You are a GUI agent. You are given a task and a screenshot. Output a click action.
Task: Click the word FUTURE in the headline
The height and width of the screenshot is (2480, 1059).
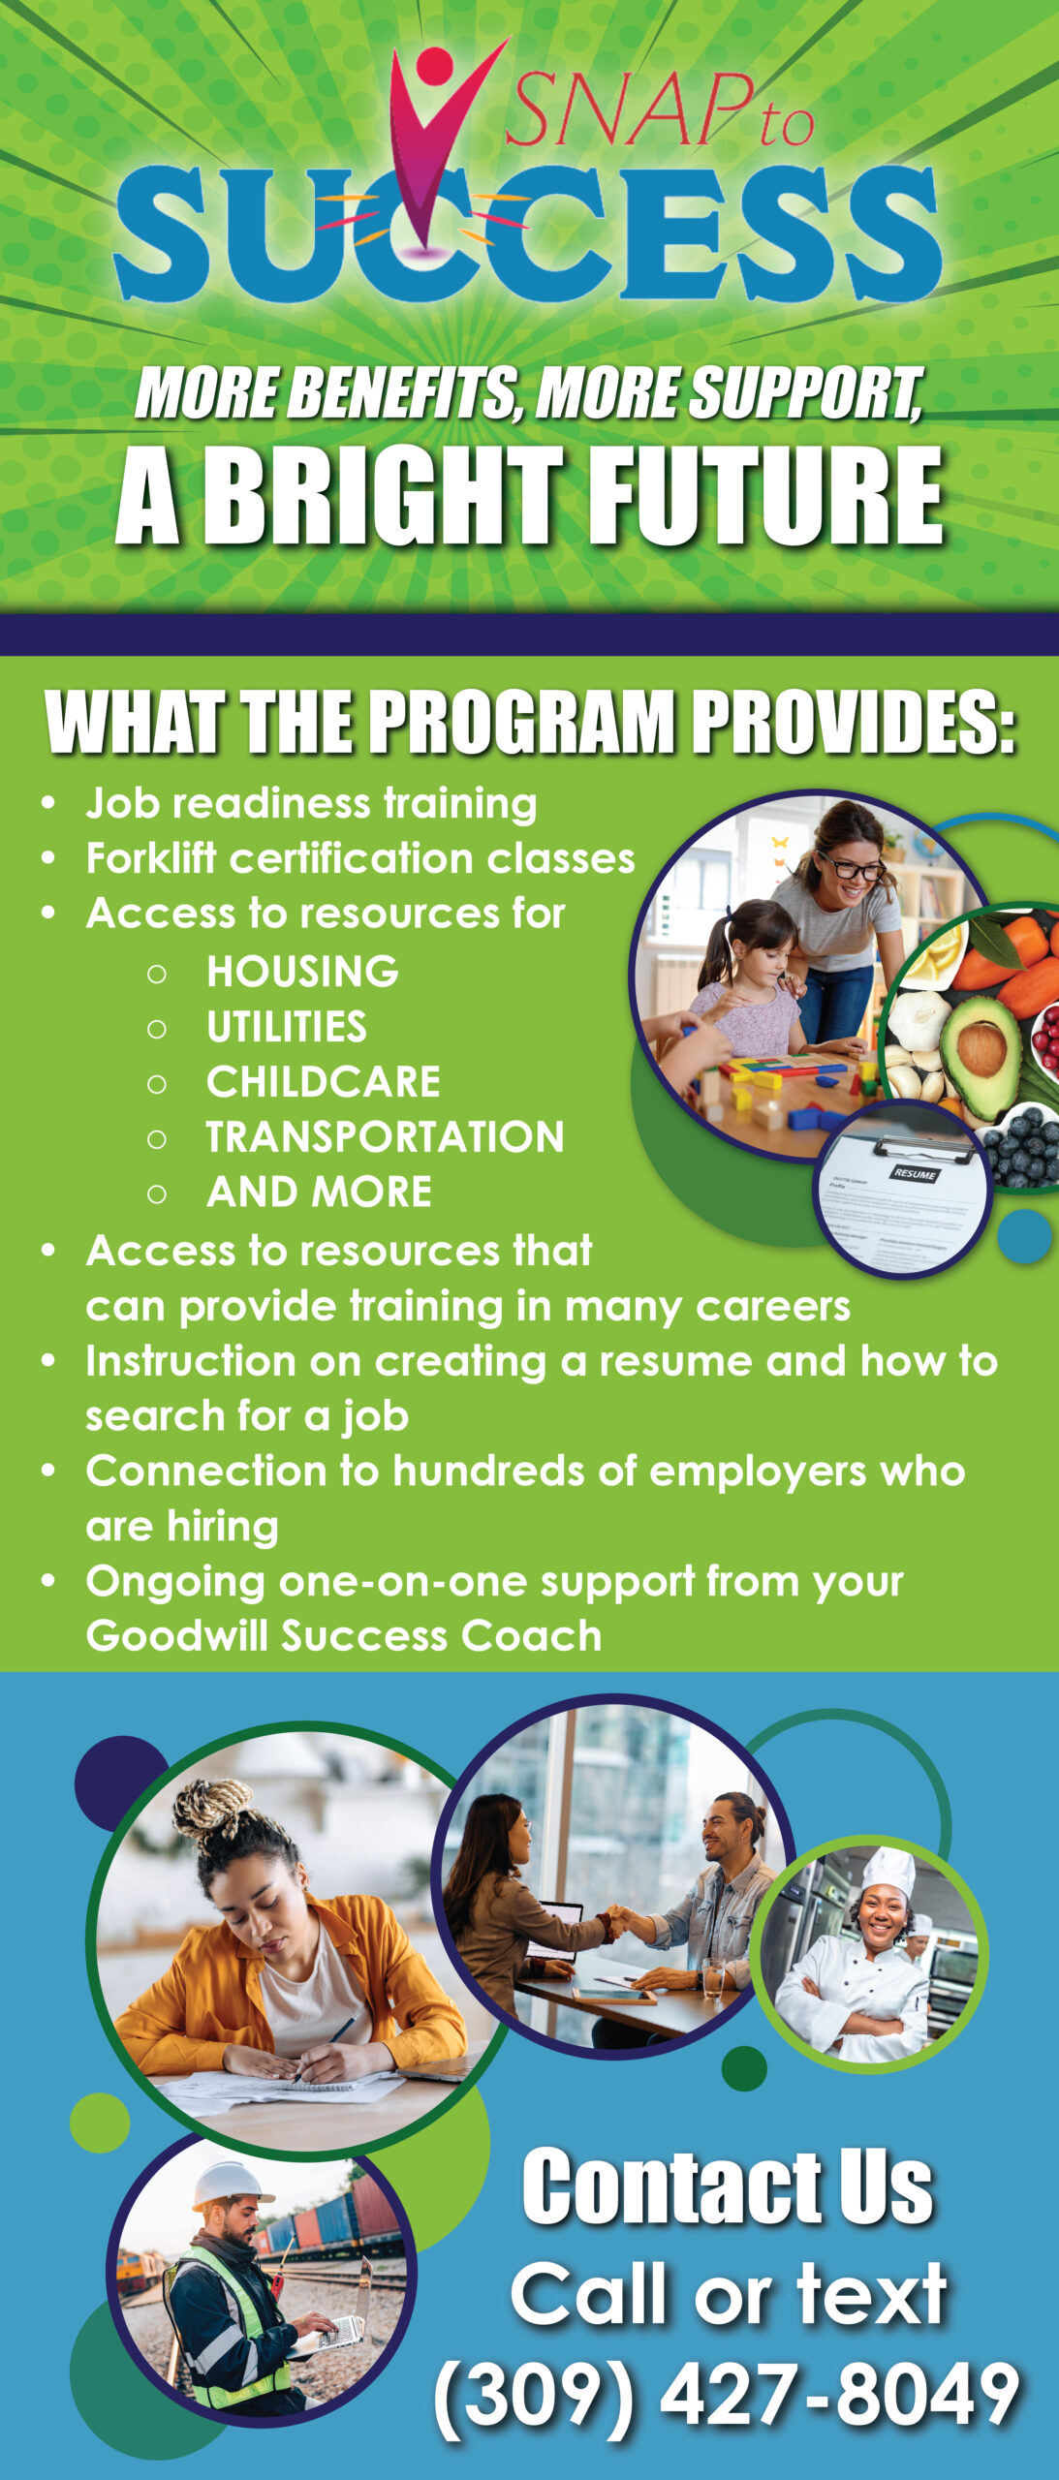[764, 497]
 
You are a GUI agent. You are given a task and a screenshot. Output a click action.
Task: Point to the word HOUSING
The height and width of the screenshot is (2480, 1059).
[302, 972]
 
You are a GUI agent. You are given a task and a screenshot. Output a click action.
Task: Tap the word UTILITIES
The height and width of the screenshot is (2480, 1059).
[287, 1027]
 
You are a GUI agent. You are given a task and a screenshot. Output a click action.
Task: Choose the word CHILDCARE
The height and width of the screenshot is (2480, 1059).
[324, 1082]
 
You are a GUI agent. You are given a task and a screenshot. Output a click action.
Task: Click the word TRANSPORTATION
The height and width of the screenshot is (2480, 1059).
[385, 1137]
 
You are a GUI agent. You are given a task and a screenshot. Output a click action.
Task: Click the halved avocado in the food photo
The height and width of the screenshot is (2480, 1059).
[981, 1057]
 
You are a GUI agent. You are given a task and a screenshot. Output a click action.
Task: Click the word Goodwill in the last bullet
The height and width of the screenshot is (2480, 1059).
[178, 1635]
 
